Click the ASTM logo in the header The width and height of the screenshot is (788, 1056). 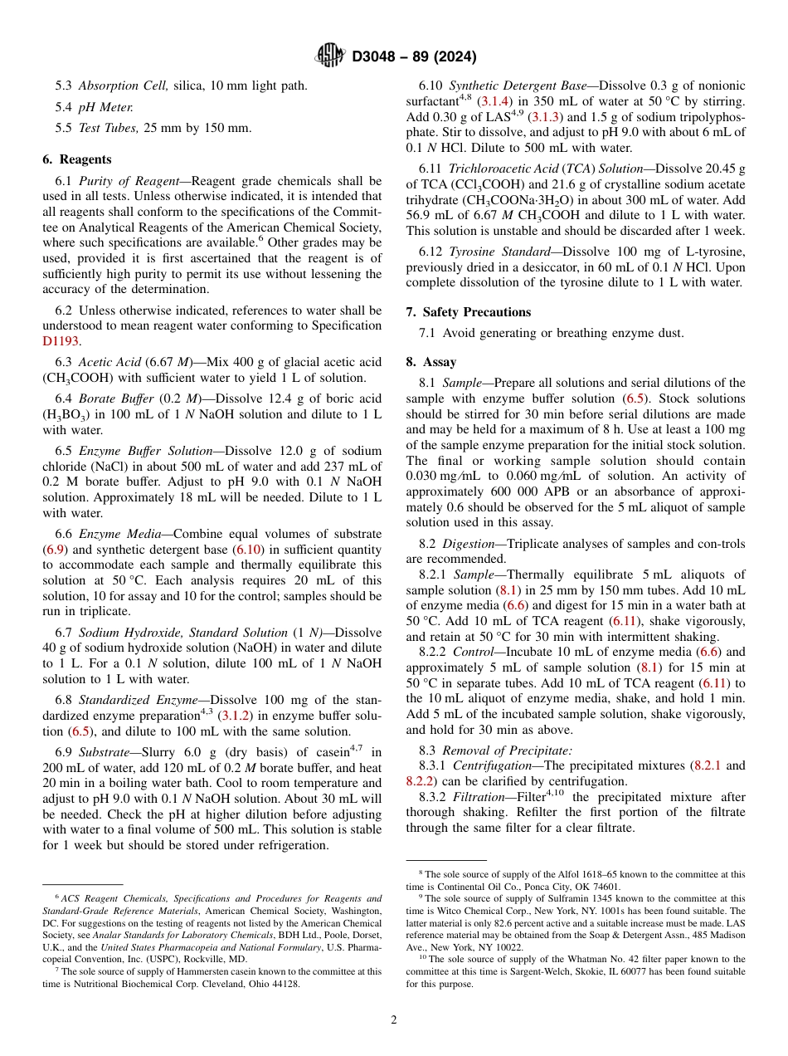[x=331, y=56]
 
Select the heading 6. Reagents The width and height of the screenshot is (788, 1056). [x=76, y=159]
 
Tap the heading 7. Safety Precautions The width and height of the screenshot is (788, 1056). [x=468, y=312]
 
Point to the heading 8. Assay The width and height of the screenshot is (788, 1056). [x=430, y=362]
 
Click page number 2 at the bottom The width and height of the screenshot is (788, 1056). [x=394, y=1019]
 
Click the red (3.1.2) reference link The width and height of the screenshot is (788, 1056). [x=235, y=716]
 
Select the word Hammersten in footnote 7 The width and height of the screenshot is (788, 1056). [x=186, y=970]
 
